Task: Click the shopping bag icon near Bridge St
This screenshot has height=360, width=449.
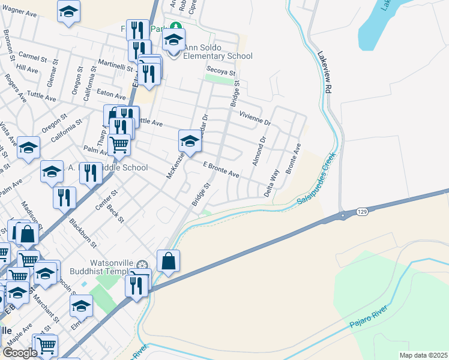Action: pos(169,262)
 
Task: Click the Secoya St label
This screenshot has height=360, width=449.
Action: pos(219,70)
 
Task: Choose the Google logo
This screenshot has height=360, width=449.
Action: pos(20,353)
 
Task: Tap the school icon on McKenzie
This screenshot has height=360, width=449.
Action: pos(190,142)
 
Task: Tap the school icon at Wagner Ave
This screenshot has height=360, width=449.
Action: pos(69,11)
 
